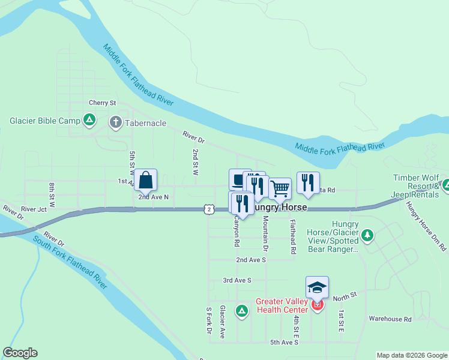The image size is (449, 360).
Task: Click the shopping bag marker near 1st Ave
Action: [146, 179]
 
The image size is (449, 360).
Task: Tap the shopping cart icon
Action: [280, 188]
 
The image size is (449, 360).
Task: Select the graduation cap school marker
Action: [317, 287]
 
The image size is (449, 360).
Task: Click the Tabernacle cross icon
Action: [115, 122]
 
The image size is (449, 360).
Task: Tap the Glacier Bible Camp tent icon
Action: [89, 121]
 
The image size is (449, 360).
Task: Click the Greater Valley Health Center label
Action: [282, 305]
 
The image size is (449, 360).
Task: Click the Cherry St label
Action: [102, 103]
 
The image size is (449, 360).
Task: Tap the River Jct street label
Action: [34, 209]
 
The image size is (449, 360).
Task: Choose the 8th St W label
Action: [52, 195]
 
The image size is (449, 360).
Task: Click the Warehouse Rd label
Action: [390, 319]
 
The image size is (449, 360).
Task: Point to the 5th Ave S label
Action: [284, 343]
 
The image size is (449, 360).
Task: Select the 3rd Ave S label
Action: [237, 280]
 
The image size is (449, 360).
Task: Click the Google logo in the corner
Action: [20, 353]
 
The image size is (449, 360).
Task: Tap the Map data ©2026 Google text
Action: [412, 355]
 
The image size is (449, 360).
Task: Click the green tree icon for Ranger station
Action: [368, 235]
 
